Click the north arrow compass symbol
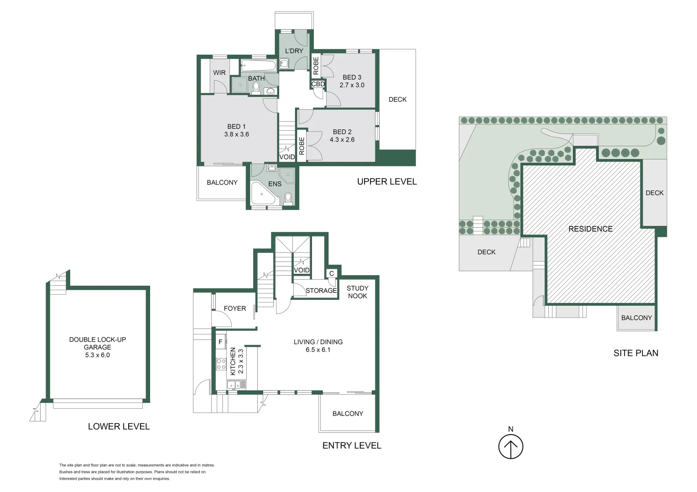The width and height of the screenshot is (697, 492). (x=510, y=446)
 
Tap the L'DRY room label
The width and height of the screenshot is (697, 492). (x=294, y=51)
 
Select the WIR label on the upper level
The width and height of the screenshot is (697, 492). (x=219, y=73)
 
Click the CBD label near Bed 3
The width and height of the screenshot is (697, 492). (x=318, y=84)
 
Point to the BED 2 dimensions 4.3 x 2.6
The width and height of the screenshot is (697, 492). (x=342, y=140)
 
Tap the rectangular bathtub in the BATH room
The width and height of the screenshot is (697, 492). (x=258, y=66)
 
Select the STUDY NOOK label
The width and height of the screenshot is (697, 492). (x=357, y=292)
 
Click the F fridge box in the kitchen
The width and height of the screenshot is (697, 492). (x=220, y=342)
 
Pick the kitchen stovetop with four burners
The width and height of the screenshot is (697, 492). (x=221, y=364)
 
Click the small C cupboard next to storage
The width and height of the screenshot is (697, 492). (x=332, y=273)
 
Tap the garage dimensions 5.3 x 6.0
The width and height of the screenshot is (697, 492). (x=97, y=355)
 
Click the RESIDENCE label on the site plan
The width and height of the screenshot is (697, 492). (x=590, y=229)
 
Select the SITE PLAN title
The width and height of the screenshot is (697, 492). (x=635, y=353)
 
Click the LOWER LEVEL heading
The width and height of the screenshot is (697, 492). (x=119, y=427)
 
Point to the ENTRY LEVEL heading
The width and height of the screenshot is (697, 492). (x=352, y=446)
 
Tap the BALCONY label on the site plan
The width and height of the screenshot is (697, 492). (x=636, y=318)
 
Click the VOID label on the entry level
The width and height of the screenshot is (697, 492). (x=302, y=270)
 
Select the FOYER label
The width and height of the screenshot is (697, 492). (x=235, y=309)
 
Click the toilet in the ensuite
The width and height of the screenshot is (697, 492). (x=288, y=197)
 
